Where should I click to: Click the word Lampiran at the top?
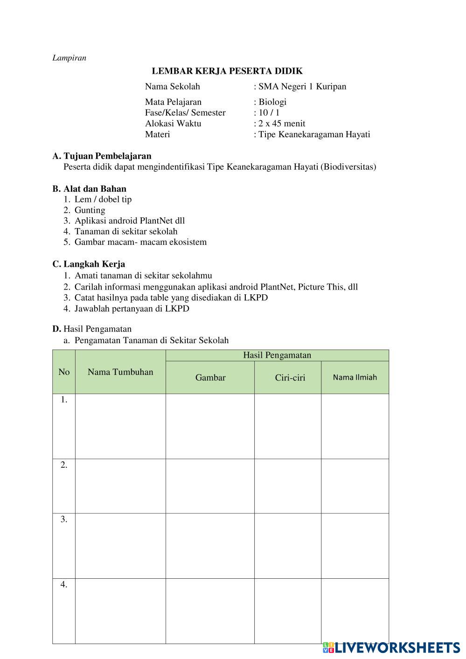(69, 58)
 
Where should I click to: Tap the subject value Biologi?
(272, 102)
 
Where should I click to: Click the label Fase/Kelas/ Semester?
(185, 113)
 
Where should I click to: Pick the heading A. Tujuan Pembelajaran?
(102, 156)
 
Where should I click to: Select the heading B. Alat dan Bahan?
(89, 189)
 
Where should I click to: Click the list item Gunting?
(90, 210)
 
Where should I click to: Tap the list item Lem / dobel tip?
(103, 200)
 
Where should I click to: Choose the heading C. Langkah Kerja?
(89, 264)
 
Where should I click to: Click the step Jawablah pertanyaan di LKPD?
(132, 309)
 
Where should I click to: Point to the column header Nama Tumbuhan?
(120, 372)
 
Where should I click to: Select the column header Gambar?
(210, 378)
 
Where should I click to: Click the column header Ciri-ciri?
(290, 378)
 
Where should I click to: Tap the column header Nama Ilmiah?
(355, 377)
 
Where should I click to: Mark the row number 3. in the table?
(64, 520)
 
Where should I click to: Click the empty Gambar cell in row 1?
(210, 426)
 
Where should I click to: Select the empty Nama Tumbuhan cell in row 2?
(120, 486)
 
